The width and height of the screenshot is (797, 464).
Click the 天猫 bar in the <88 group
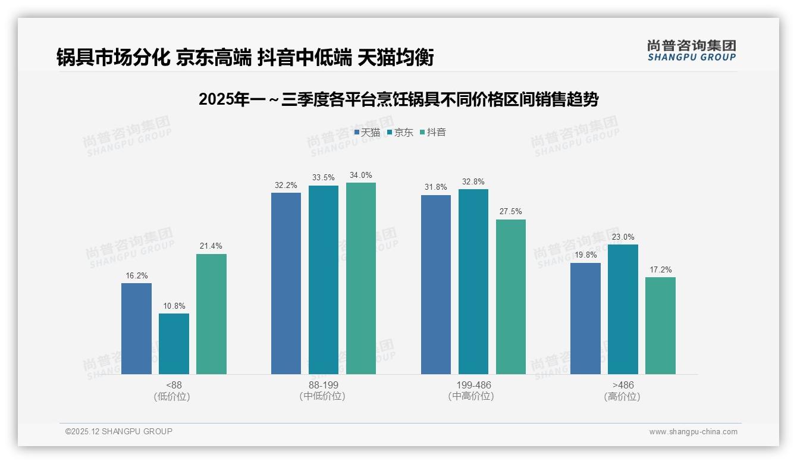pyautogui.click(x=136, y=328)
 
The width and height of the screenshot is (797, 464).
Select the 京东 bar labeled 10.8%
pyautogui.click(x=174, y=344)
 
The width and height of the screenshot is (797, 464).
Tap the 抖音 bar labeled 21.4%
pyautogui.click(x=211, y=314)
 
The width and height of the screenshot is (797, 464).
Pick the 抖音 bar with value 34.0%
pyautogui.click(x=361, y=278)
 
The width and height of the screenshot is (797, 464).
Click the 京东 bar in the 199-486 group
pyautogui.click(x=473, y=281)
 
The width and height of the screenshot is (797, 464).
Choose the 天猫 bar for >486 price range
pyautogui.click(x=585, y=318)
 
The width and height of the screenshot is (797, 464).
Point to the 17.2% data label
pyautogui.click(x=660, y=269)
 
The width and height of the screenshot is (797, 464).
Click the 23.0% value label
pyautogui.click(x=623, y=237)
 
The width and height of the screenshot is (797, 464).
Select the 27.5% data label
pyautogui.click(x=510, y=212)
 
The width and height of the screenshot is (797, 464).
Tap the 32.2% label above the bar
pyautogui.click(x=286, y=185)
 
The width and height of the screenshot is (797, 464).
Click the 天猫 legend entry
pyautogui.click(x=367, y=132)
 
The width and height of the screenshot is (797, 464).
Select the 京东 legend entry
pyautogui.click(x=400, y=132)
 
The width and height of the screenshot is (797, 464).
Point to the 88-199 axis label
pyautogui.click(x=323, y=385)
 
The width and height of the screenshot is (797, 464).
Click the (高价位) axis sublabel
pyautogui.click(x=622, y=396)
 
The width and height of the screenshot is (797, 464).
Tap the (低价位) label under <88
pyautogui.click(x=174, y=396)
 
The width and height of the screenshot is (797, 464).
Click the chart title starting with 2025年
pyautogui.click(x=398, y=99)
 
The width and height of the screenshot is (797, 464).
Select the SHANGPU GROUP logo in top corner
pyautogui.click(x=691, y=50)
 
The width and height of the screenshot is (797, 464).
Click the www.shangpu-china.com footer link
pyautogui.click(x=693, y=432)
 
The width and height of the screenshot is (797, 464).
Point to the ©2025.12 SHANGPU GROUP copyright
pyautogui.click(x=119, y=431)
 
